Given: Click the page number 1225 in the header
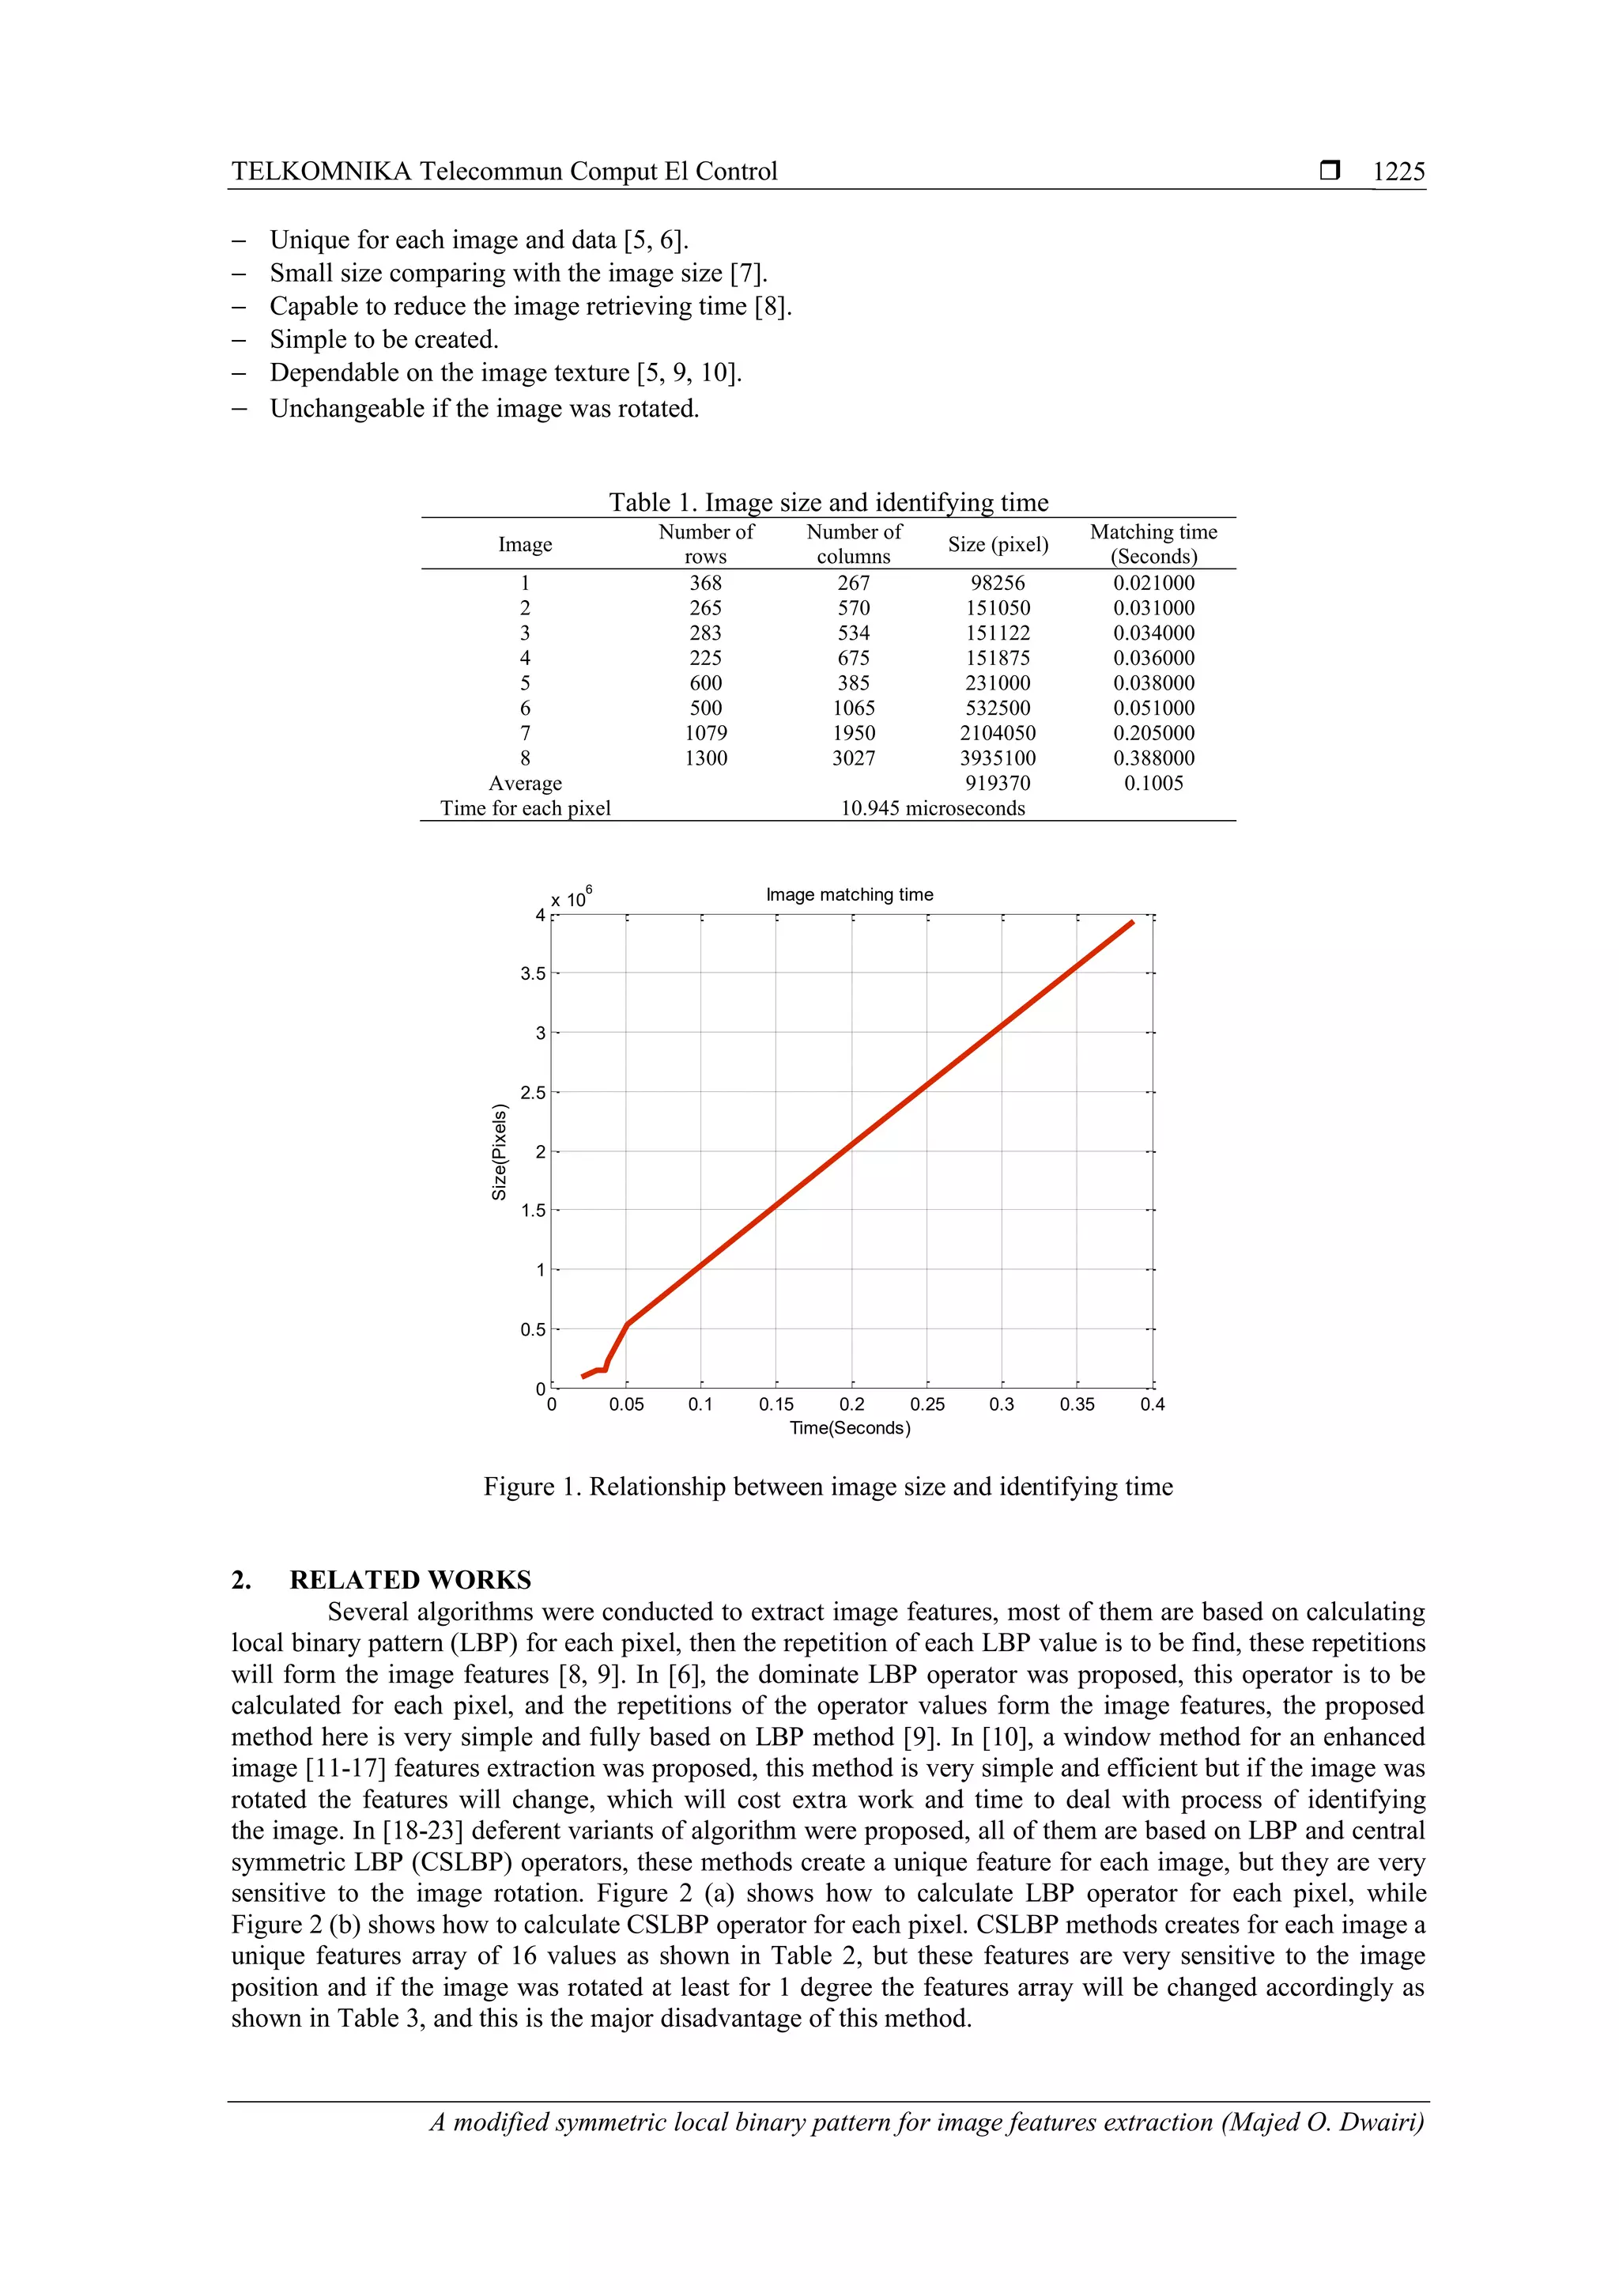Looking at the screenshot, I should (x=1398, y=172).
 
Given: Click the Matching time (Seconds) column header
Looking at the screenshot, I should (x=1153, y=543).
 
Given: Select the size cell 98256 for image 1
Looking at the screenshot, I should (x=997, y=584).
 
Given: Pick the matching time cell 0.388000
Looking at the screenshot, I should (x=1153, y=758).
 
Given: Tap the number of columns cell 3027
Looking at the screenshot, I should (x=853, y=758).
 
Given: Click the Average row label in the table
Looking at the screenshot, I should (x=526, y=783).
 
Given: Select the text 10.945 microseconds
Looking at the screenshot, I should (x=932, y=808).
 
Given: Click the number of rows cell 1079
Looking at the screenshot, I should (x=706, y=733).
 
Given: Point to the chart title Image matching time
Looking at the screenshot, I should (x=849, y=894).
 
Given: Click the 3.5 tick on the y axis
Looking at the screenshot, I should (x=534, y=973).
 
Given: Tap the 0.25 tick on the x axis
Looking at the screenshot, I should (x=927, y=1404).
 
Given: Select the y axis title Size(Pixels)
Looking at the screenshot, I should (x=500, y=1151).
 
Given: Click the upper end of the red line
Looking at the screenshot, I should (x=1133, y=923).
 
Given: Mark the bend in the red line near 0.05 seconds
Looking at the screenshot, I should (x=627, y=1324).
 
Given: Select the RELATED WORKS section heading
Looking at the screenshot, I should (x=409, y=1580).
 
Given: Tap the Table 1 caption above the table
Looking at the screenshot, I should (x=828, y=501).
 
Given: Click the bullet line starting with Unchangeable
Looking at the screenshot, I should (x=485, y=409).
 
